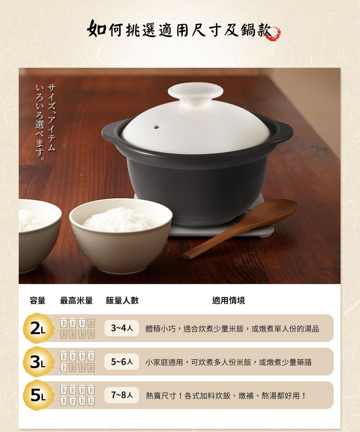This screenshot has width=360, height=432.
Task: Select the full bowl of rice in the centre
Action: pyautogui.click(x=121, y=234)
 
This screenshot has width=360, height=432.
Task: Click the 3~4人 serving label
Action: pyautogui.click(x=122, y=328)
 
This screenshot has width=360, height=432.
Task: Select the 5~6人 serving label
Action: pyautogui.click(x=122, y=362)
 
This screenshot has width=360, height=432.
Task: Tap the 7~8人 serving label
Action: pyautogui.click(x=122, y=395)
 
